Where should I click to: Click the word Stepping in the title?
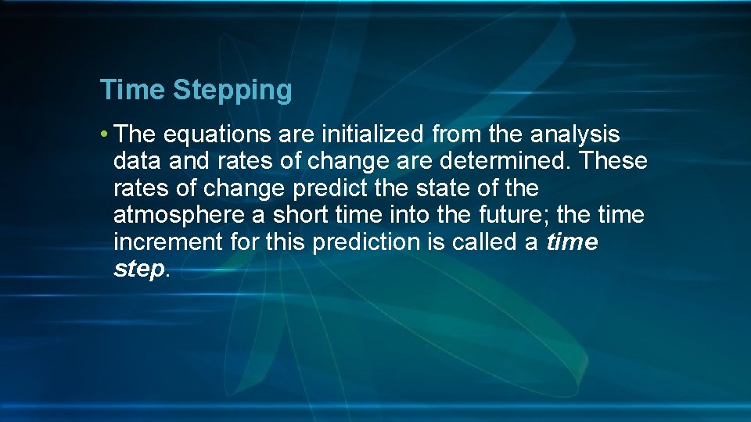[x=232, y=91]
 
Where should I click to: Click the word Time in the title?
[x=131, y=90]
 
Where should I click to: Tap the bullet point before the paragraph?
[x=104, y=135]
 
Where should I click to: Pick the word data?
[x=138, y=162]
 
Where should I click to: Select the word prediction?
[x=366, y=242]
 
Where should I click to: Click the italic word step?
[x=138, y=269]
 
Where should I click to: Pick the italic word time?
[x=572, y=242]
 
